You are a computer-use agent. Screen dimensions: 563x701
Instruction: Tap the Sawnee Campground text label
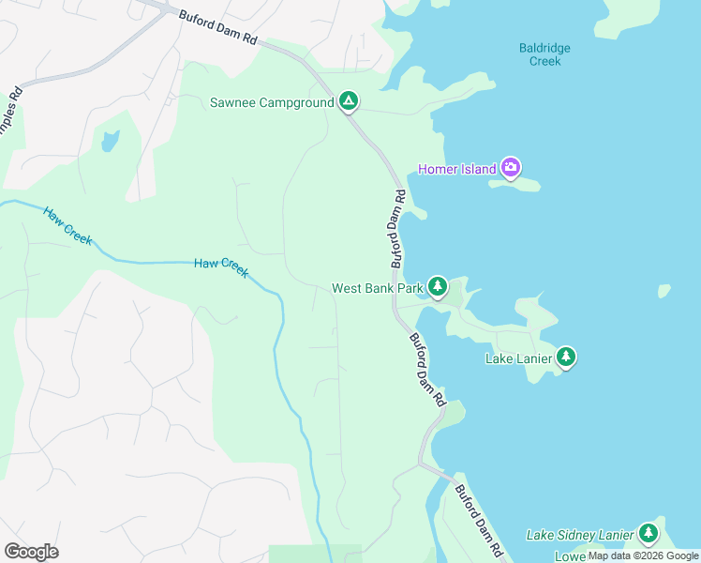click(x=273, y=102)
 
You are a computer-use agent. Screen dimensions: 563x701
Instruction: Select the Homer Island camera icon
click(x=511, y=168)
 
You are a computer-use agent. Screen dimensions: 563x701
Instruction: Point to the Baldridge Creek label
click(x=544, y=54)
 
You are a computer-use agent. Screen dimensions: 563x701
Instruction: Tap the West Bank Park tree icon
click(x=437, y=285)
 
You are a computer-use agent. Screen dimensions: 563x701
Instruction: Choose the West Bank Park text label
click(x=378, y=288)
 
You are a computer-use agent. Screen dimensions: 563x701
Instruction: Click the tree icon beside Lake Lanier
click(x=565, y=357)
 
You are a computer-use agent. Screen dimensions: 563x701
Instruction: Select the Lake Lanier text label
click(x=518, y=358)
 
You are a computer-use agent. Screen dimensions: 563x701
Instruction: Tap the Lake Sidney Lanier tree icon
click(x=648, y=533)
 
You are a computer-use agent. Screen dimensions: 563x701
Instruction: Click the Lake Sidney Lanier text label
click(x=580, y=535)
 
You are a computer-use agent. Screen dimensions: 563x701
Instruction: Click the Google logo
click(x=31, y=552)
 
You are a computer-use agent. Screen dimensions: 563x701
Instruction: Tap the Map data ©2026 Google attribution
click(x=643, y=555)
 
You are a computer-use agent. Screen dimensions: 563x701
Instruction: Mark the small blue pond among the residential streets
click(x=111, y=142)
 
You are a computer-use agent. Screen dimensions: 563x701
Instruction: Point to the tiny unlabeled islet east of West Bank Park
click(x=664, y=291)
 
